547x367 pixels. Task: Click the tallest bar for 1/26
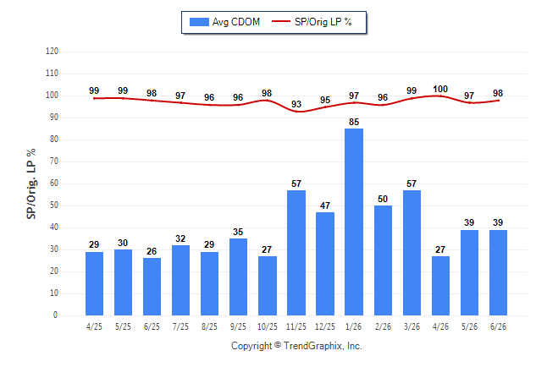(354, 222)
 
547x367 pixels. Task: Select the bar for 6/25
(152, 287)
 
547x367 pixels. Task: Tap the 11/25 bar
(296, 253)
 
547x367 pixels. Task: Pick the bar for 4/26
(440, 286)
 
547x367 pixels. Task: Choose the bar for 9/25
(238, 277)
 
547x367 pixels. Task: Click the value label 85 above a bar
(354, 122)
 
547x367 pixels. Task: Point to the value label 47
(325, 205)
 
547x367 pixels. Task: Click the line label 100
(440, 90)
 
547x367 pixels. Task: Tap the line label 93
(296, 104)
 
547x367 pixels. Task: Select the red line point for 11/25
(296, 112)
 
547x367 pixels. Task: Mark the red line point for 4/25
(94, 99)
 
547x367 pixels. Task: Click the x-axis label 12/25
(325, 326)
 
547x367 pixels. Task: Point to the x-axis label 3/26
(412, 326)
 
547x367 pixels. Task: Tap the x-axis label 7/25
(180, 326)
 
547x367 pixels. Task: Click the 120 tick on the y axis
(52, 52)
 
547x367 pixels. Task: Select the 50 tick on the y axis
(53, 205)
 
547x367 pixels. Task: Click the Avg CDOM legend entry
(224, 22)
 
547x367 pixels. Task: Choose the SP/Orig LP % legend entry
(312, 22)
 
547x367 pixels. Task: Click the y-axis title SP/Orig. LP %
(31, 184)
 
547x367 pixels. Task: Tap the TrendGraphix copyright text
(296, 346)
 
